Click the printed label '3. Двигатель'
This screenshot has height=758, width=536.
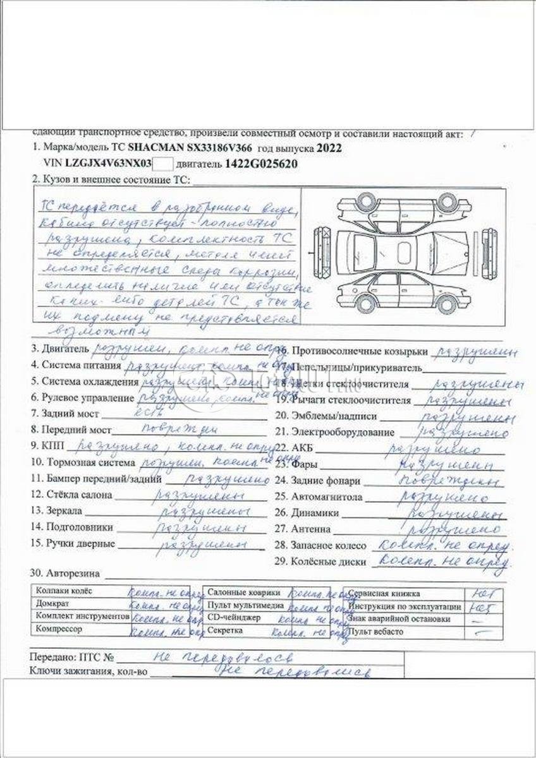(x=60, y=349)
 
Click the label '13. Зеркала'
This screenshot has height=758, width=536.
(x=56, y=510)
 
